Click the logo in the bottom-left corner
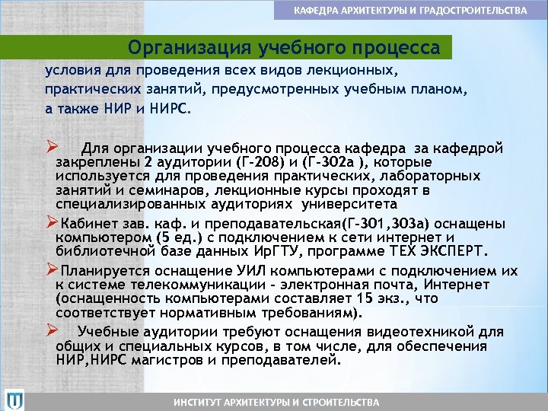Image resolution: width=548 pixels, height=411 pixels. [14, 399]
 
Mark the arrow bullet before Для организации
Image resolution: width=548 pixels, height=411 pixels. [51, 147]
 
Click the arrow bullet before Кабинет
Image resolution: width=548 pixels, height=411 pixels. [51, 221]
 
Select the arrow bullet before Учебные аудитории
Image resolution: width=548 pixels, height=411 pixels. [51, 331]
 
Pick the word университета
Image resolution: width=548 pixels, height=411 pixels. [349, 204]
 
